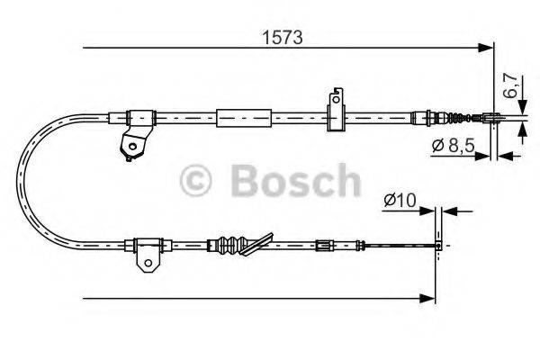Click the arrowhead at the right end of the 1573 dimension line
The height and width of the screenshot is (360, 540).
click(x=488, y=47)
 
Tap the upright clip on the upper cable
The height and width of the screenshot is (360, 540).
click(x=337, y=109)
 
